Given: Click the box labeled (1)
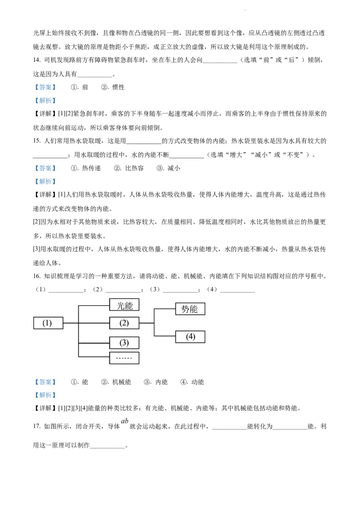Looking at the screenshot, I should click(x=48, y=323).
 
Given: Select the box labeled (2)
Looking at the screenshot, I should click(x=124, y=323).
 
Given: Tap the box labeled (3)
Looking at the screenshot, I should click(x=124, y=343).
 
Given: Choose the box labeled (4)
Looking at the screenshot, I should click(x=190, y=337).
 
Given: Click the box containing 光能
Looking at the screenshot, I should click(x=124, y=305).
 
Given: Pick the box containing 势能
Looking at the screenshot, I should click(x=190, y=309).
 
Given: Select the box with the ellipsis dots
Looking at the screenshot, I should click(x=124, y=358).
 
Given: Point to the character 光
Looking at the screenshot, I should click(x=120, y=305).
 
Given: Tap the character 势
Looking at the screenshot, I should click(x=185, y=309).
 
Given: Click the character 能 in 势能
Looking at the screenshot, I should click(x=194, y=309).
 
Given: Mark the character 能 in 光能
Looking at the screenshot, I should click(x=129, y=305).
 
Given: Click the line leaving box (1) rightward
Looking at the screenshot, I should click(x=71, y=323).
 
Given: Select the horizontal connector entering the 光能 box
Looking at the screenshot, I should click(x=94, y=306).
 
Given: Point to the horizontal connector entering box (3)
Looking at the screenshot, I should click(x=94, y=343).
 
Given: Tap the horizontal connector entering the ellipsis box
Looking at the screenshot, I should click(x=94, y=357).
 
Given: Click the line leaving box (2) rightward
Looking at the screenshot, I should click(x=146, y=323).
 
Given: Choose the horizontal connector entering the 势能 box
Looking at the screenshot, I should click(x=165, y=309).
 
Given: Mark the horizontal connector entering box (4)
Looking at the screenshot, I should click(x=165, y=336).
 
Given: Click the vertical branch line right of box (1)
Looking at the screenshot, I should click(x=79, y=333).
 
